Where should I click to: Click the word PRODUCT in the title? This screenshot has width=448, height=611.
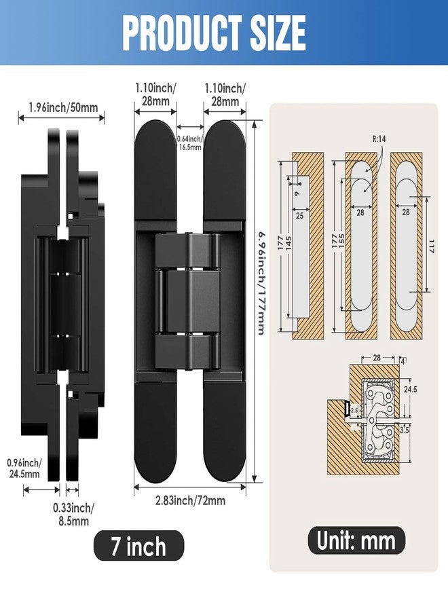(x=183, y=33)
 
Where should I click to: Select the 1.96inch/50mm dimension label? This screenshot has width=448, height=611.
(x=63, y=107)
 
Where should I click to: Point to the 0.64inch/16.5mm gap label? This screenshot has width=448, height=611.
(x=189, y=143)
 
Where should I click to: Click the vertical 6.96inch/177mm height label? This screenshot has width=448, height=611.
(x=261, y=283)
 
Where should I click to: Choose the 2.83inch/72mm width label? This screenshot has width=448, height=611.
(x=190, y=500)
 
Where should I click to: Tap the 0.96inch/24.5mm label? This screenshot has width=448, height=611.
(x=24, y=468)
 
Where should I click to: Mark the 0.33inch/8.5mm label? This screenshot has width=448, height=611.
(x=73, y=515)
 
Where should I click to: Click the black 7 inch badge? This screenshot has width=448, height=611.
(x=138, y=546)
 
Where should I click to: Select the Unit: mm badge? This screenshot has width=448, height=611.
(x=356, y=541)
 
